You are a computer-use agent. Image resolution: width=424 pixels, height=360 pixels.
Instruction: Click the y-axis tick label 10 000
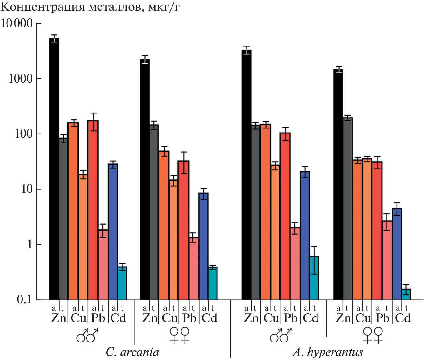point(17,23)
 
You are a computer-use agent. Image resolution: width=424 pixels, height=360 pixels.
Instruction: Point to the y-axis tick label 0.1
point(24,300)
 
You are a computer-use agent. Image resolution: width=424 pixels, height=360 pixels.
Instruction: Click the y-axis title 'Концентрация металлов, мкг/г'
point(90,7)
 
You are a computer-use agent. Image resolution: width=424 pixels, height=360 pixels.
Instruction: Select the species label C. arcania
point(132,352)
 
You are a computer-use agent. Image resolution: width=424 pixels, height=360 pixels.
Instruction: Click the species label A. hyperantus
point(328,352)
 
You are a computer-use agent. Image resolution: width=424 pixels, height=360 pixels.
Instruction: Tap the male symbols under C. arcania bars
point(87,336)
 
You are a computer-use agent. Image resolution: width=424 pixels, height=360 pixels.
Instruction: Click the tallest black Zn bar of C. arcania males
point(54,169)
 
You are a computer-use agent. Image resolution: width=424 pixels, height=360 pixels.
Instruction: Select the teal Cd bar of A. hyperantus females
point(406,294)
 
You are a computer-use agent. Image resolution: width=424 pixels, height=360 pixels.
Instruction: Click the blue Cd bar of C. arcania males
point(113,231)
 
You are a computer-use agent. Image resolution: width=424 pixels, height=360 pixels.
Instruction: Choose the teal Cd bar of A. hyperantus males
point(314,278)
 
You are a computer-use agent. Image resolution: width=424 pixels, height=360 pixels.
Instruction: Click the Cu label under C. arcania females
point(169,318)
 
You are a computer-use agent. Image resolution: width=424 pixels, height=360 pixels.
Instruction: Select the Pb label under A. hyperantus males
point(291,318)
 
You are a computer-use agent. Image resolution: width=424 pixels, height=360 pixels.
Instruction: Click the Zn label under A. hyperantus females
point(343,318)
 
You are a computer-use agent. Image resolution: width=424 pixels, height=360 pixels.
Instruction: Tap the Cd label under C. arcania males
point(118,318)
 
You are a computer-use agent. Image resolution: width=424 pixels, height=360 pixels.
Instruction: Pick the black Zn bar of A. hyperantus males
point(247,175)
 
